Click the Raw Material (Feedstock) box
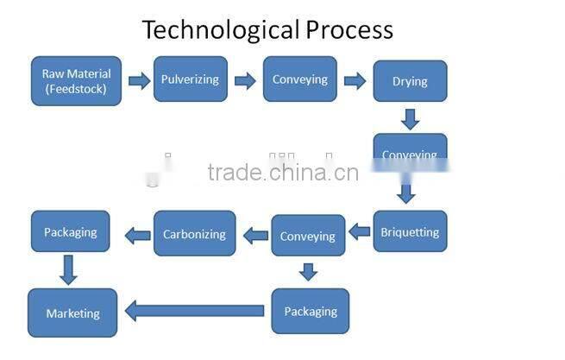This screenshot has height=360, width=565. tap(76, 81)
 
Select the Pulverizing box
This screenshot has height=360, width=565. tap(190, 79)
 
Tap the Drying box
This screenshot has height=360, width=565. tap(410, 81)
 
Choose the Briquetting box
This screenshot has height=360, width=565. tap(410, 231)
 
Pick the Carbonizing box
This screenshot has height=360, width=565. tap(194, 233)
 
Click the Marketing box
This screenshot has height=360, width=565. tap(72, 313)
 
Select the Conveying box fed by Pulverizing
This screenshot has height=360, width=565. tap(299, 79)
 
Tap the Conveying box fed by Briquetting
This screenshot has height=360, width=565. tap(308, 236)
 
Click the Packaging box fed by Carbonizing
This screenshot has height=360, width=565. tap(71, 231)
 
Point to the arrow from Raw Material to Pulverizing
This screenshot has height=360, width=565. tap(139, 81)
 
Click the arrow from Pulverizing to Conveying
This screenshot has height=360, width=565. tap(245, 81)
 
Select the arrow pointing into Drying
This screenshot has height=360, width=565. tap(355, 81)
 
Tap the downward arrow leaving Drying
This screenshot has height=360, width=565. tap(410, 117)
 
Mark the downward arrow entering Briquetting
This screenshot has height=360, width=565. tap(406, 192)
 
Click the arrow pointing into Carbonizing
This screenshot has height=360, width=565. tap(255, 234)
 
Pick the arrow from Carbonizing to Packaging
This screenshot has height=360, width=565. tap(137, 234)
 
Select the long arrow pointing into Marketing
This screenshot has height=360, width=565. tap(195, 310)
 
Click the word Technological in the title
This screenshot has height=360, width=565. tap(220, 30)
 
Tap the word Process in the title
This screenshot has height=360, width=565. tap(348, 30)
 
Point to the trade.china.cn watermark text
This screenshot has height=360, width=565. tap(282, 172)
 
